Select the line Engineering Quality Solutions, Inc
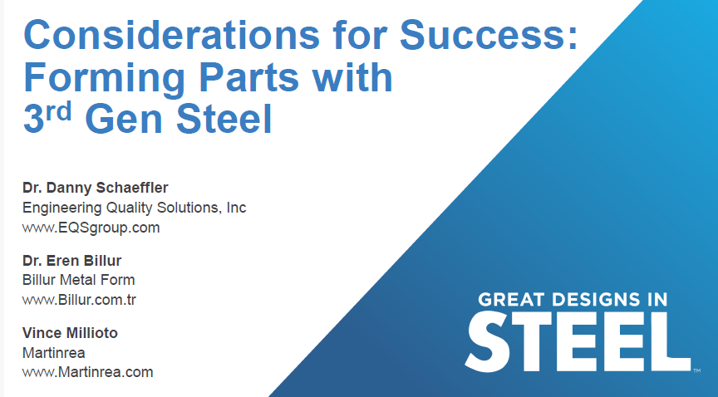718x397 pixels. click(x=134, y=208)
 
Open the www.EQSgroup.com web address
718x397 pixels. click(x=91, y=227)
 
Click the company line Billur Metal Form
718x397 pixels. click(x=78, y=280)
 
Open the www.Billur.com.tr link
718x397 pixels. click(x=79, y=299)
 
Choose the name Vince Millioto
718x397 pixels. click(x=70, y=333)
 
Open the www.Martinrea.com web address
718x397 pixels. click(x=87, y=372)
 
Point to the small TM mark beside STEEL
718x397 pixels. click(x=696, y=371)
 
